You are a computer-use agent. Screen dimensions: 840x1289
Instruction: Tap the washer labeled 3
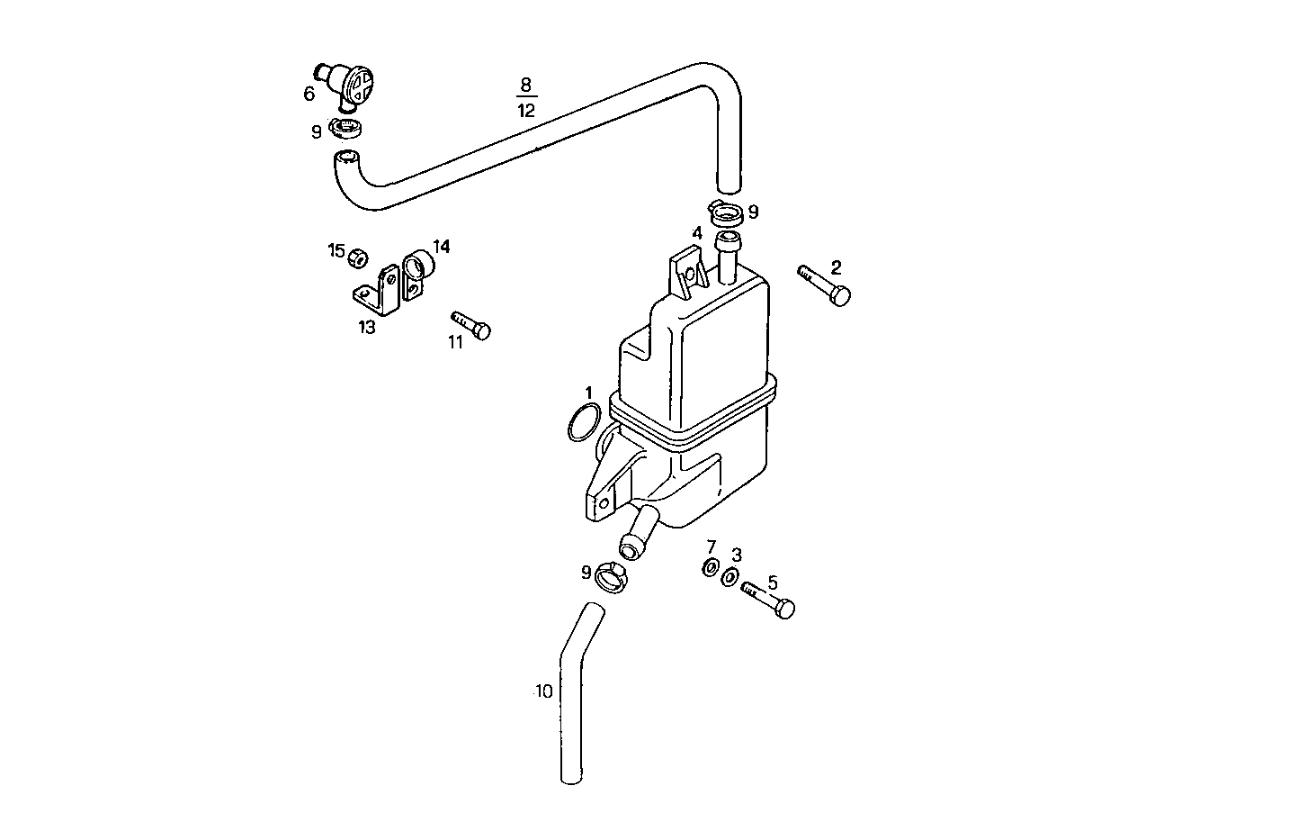coord(731,576)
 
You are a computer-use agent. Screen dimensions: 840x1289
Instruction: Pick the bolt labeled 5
coord(769,600)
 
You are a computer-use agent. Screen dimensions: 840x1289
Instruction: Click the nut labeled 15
coord(357,257)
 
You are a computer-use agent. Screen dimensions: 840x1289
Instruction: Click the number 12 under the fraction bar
coord(526,111)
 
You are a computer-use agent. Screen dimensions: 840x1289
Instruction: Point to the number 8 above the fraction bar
coord(526,86)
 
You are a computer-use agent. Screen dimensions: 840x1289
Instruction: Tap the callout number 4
coord(696,233)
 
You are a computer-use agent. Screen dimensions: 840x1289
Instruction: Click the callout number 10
coord(543,691)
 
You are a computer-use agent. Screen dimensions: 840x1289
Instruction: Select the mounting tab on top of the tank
coord(688,273)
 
